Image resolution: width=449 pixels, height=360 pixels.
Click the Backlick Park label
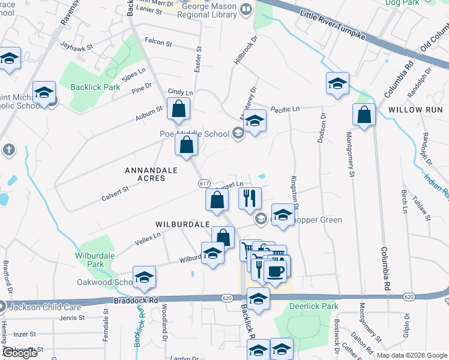coord(95,87)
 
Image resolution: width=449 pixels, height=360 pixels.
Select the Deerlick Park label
coord(314,306)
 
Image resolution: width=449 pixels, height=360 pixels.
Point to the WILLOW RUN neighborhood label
coord(415,110)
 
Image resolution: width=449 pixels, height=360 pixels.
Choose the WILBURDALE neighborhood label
coord(181,224)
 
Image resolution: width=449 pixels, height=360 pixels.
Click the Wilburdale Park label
coord(95,259)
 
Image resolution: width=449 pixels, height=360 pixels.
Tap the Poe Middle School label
coord(194,134)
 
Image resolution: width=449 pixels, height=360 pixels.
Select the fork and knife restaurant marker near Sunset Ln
coord(249,197)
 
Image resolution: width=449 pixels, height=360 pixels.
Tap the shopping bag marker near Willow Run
coord(364,116)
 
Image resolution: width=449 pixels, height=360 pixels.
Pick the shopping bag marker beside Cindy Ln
coord(178,109)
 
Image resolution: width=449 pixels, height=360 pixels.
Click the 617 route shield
coord(204,183)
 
